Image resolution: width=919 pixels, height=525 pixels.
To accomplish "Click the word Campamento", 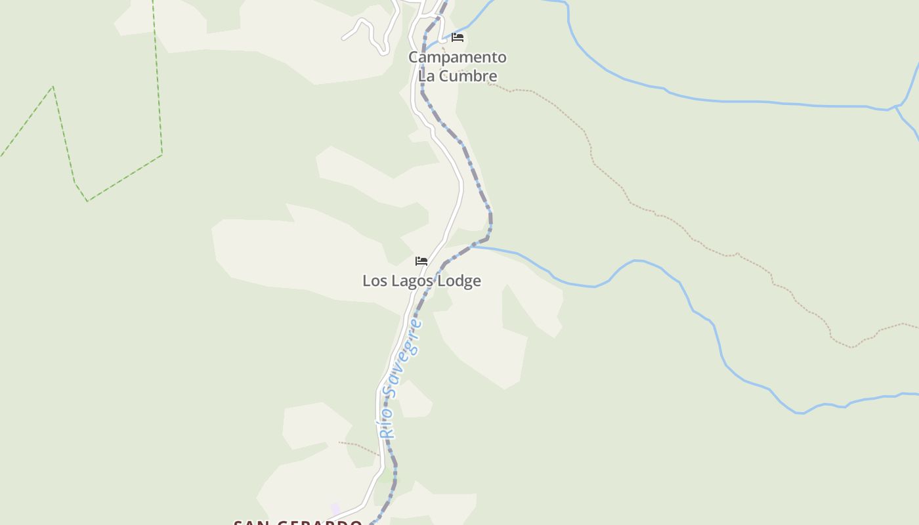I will pyautogui.click(x=457, y=58).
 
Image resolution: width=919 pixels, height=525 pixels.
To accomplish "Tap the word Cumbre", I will pyautogui.click(x=467, y=76).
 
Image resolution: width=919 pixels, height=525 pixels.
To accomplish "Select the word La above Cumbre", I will pyautogui.click(x=427, y=76).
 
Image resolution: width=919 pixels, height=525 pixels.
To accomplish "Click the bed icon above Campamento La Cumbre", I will pyautogui.click(x=458, y=37).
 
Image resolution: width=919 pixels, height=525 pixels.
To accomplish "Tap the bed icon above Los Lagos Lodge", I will pyautogui.click(x=421, y=261).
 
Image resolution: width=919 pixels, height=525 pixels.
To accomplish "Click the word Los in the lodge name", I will pyautogui.click(x=374, y=281).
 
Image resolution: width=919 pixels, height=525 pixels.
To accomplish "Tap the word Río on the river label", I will pyautogui.click(x=387, y=424).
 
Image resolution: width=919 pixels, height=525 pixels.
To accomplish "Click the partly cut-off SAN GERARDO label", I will pyautogui.click(x=298, y=522).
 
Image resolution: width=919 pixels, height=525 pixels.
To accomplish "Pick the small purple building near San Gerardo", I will pyautogui.click(x=335, y=509).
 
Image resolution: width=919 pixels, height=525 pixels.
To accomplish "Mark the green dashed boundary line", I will pyautogui.click(x=158, y=79).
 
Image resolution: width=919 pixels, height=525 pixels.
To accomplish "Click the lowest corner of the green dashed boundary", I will pyautogui.click(x=87, y=201).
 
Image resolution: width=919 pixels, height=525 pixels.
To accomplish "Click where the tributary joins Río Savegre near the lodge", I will pyautogui.click(x=471, y=247).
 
